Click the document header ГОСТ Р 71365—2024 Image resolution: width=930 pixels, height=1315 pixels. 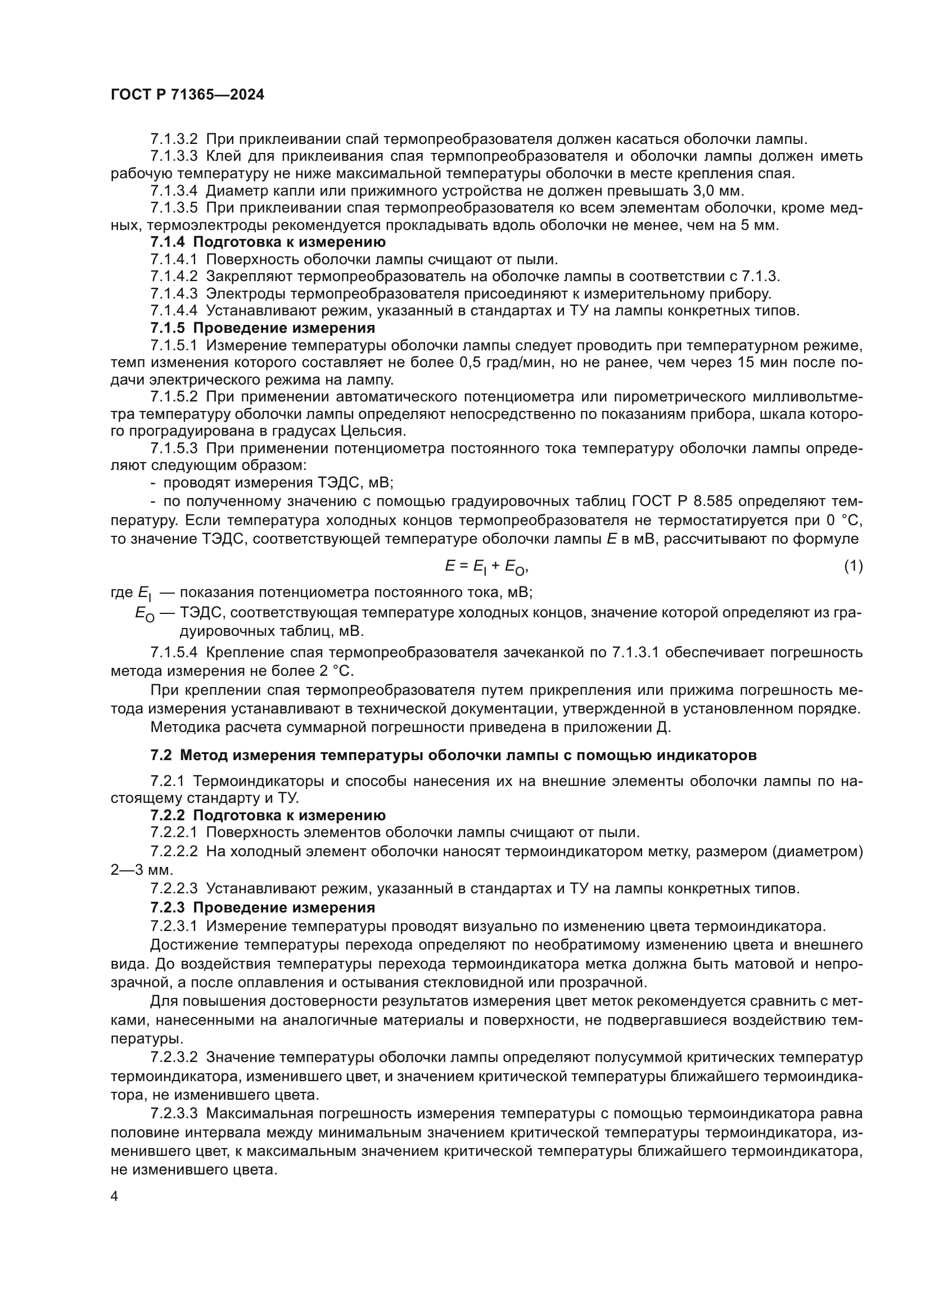point(187,95)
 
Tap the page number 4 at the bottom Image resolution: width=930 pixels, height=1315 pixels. point(115,1196)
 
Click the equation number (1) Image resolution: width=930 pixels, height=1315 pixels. point(854,566)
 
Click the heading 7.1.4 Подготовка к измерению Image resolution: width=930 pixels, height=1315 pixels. point(268,242)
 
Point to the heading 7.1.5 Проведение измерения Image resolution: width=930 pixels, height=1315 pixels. point(263,328)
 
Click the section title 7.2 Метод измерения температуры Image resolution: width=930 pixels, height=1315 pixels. point(453,755)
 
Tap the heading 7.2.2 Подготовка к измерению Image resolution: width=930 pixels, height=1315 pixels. point(268,815)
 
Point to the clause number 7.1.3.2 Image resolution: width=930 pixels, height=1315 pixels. point(174,139)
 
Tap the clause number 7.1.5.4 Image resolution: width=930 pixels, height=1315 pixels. point(174,652)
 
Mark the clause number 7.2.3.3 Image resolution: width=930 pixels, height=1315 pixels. point(174,1113)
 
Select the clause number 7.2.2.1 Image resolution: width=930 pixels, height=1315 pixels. point(174,832)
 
